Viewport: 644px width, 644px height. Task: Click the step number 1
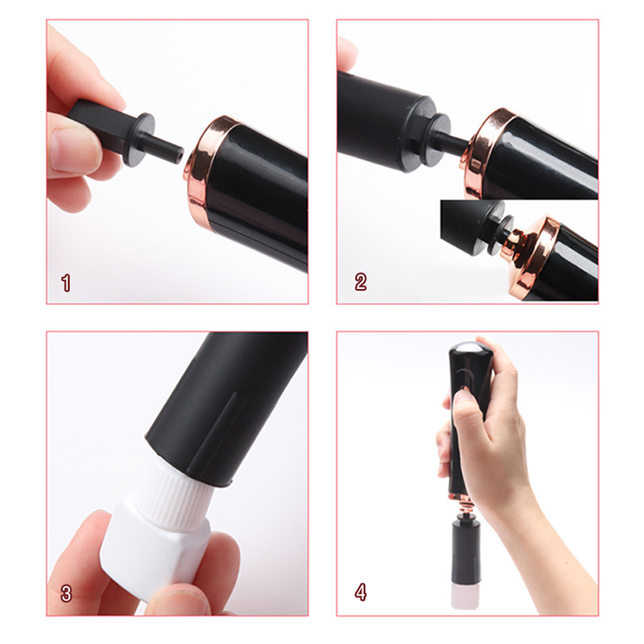point(66,283)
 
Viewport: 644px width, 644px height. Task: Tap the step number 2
point(361,283)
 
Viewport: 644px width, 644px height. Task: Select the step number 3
point(66,594)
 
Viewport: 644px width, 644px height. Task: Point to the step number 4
point(361,592)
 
